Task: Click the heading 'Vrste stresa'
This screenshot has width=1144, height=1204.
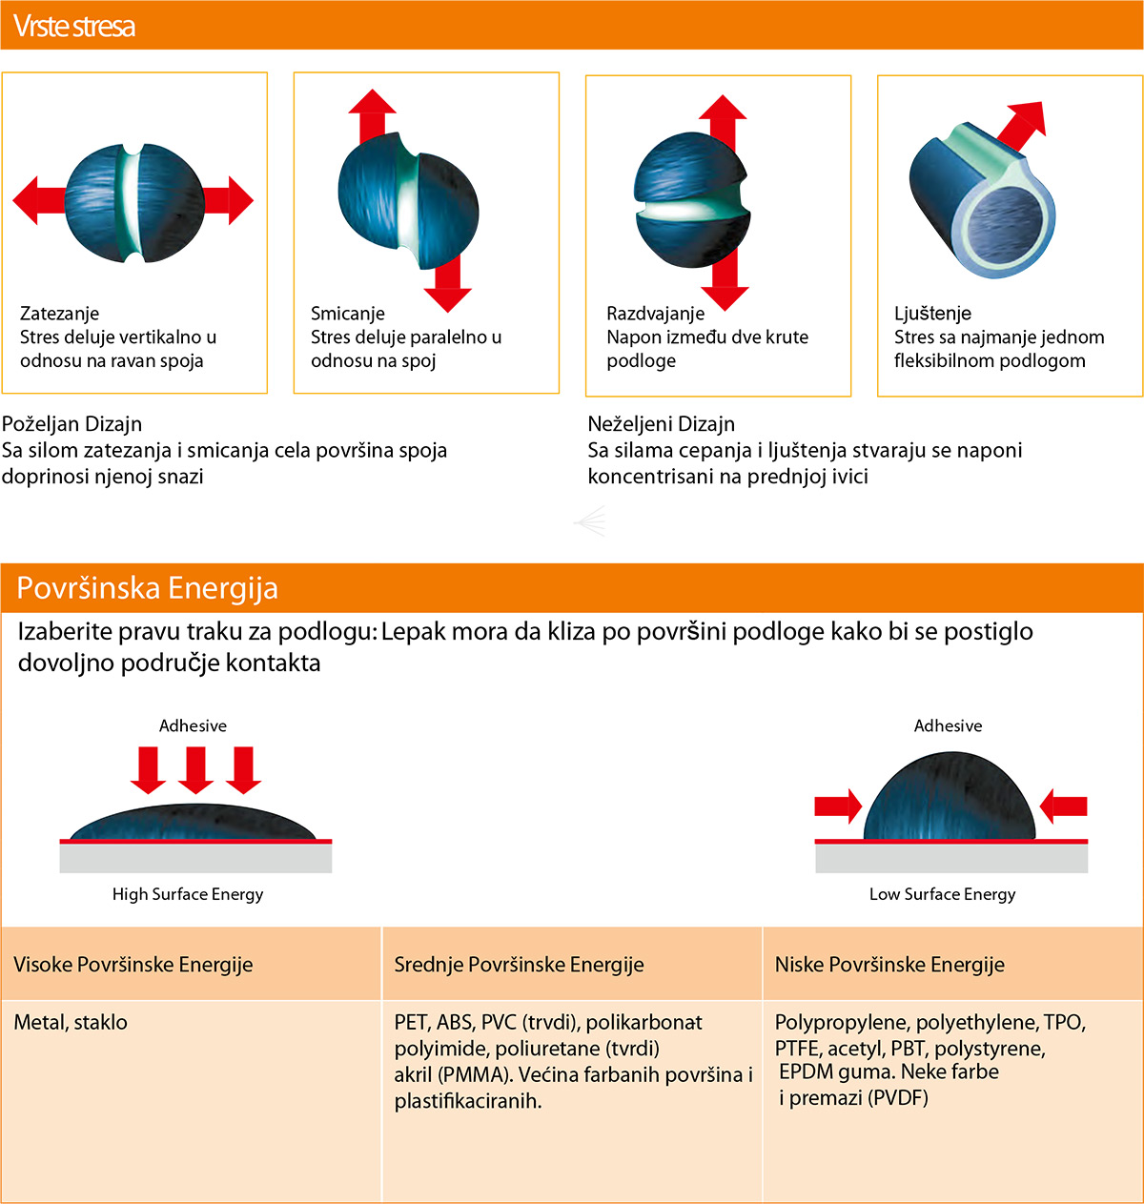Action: [74, 26]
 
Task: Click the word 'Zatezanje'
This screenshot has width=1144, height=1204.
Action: [59, 314]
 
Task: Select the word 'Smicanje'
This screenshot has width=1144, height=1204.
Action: [348, 314]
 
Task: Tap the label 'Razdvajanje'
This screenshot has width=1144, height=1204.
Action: [655, 314]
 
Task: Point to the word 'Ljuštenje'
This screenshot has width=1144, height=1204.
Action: [932, 314]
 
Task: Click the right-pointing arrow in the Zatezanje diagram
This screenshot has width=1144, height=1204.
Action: [228, 200]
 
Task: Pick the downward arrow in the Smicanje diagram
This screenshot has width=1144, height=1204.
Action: [448, 283]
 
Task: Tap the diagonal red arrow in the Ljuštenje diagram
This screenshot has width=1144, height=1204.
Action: [1022, 126]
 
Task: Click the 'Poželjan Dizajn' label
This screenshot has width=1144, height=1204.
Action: [71, 424]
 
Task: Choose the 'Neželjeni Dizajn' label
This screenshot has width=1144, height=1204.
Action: [662, 424]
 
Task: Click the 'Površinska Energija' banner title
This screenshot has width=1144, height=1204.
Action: [147, 588]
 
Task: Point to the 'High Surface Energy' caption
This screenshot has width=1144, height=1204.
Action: [188, 894]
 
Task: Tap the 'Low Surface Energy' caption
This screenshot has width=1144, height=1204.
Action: [943, 894]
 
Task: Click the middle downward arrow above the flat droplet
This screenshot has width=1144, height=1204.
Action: [196, 770]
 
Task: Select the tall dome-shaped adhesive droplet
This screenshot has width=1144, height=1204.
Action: [950, 796]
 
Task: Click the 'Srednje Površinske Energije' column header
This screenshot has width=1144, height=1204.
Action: [519, 965]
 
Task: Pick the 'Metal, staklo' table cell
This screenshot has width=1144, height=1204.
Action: [71, 1022]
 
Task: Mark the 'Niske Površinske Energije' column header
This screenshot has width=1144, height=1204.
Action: [889, 965]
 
